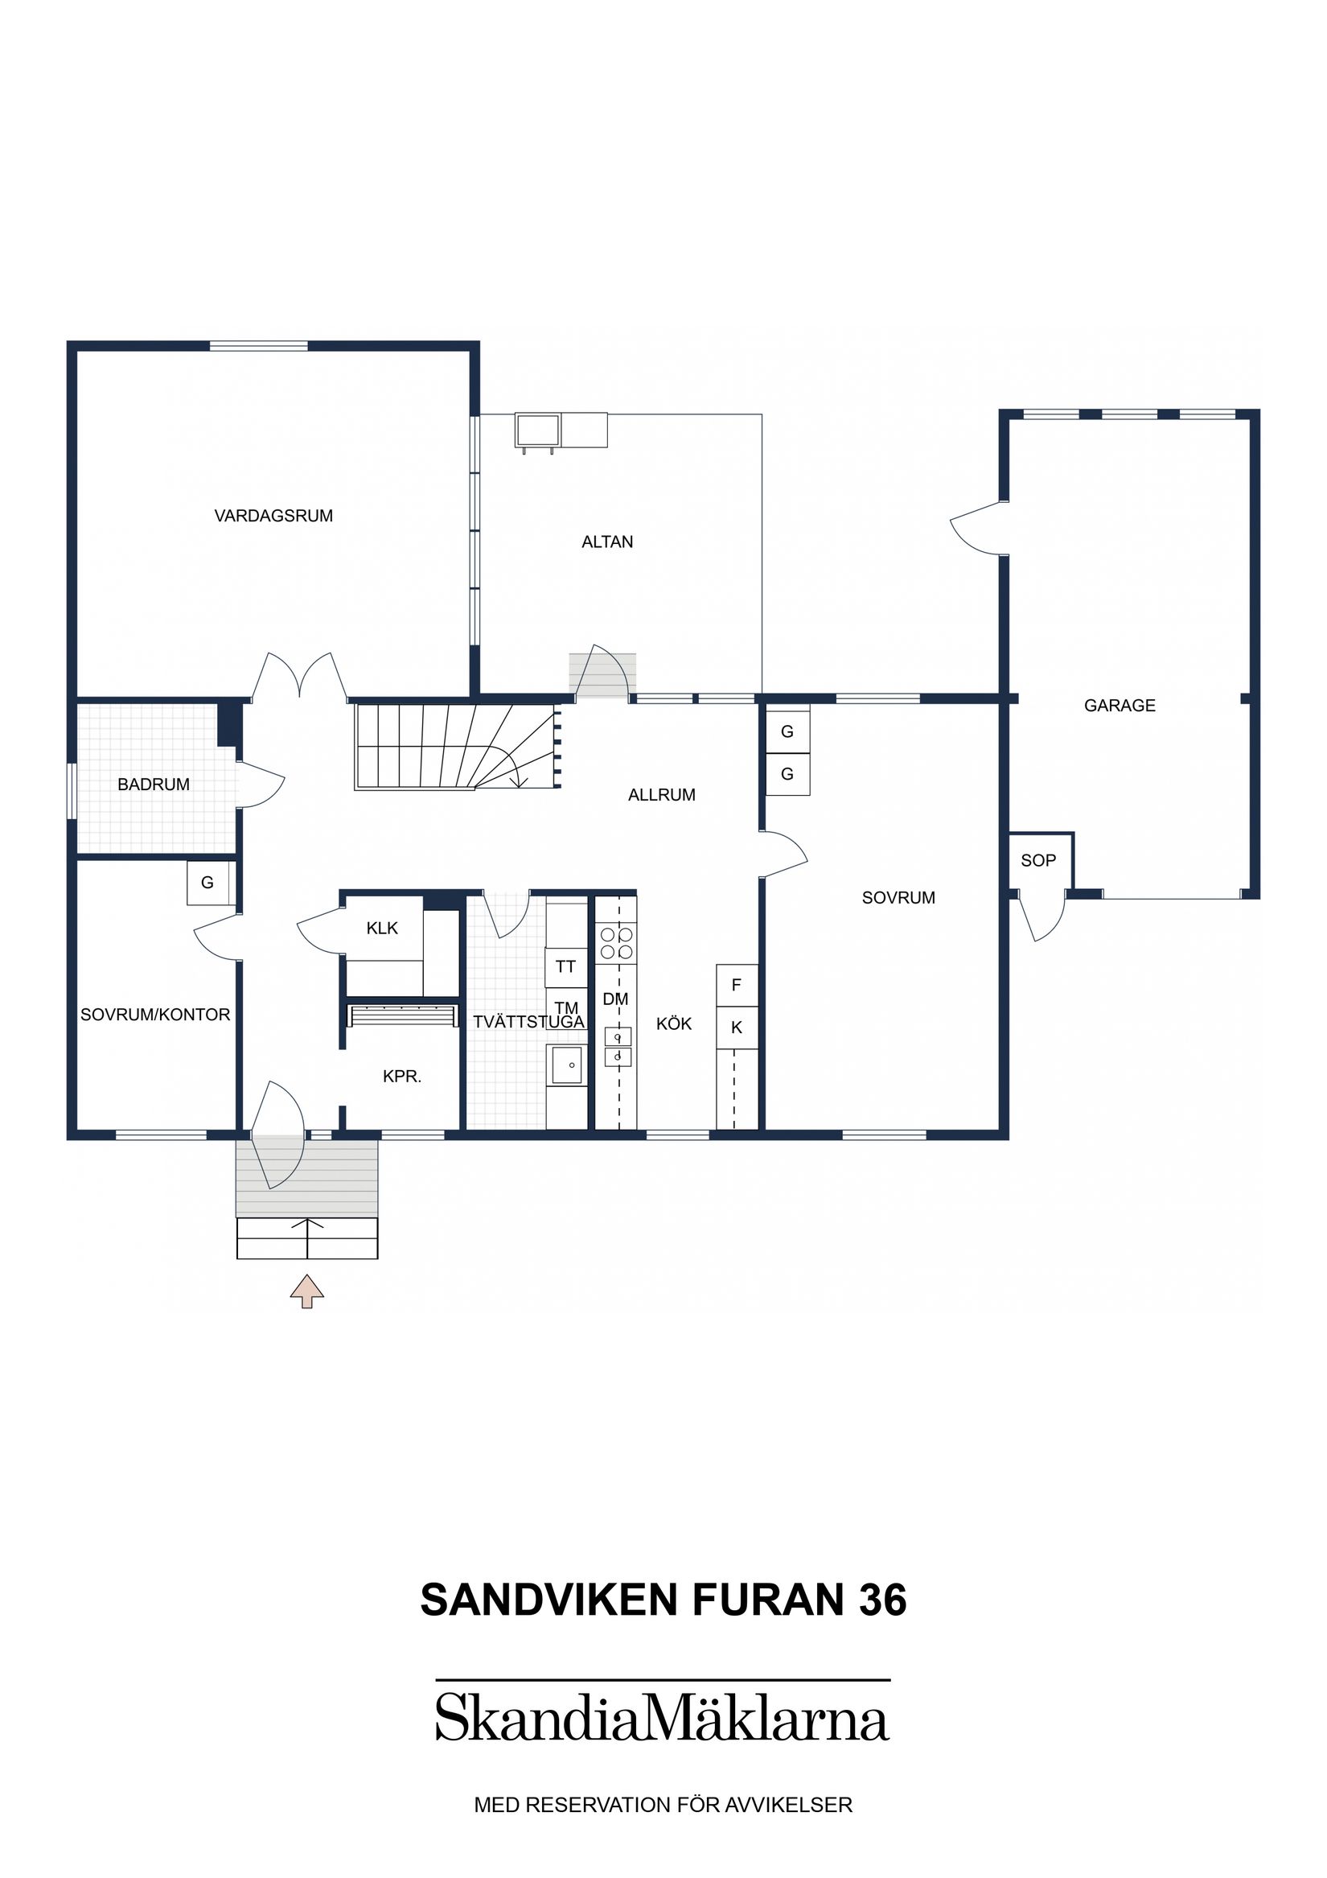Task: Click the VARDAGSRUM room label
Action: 273,516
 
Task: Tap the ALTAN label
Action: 606,542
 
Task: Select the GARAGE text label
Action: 1119,705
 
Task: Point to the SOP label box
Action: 1037,860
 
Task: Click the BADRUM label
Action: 153,785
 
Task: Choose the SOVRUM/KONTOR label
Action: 154,1015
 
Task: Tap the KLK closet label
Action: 382,928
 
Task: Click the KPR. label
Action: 401,1077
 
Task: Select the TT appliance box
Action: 566,967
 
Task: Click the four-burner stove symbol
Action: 617,942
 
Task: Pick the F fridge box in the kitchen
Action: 736,986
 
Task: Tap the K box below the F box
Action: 736,1028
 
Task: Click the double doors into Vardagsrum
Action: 299,679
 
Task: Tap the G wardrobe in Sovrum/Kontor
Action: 207,883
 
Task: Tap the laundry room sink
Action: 566,1065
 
